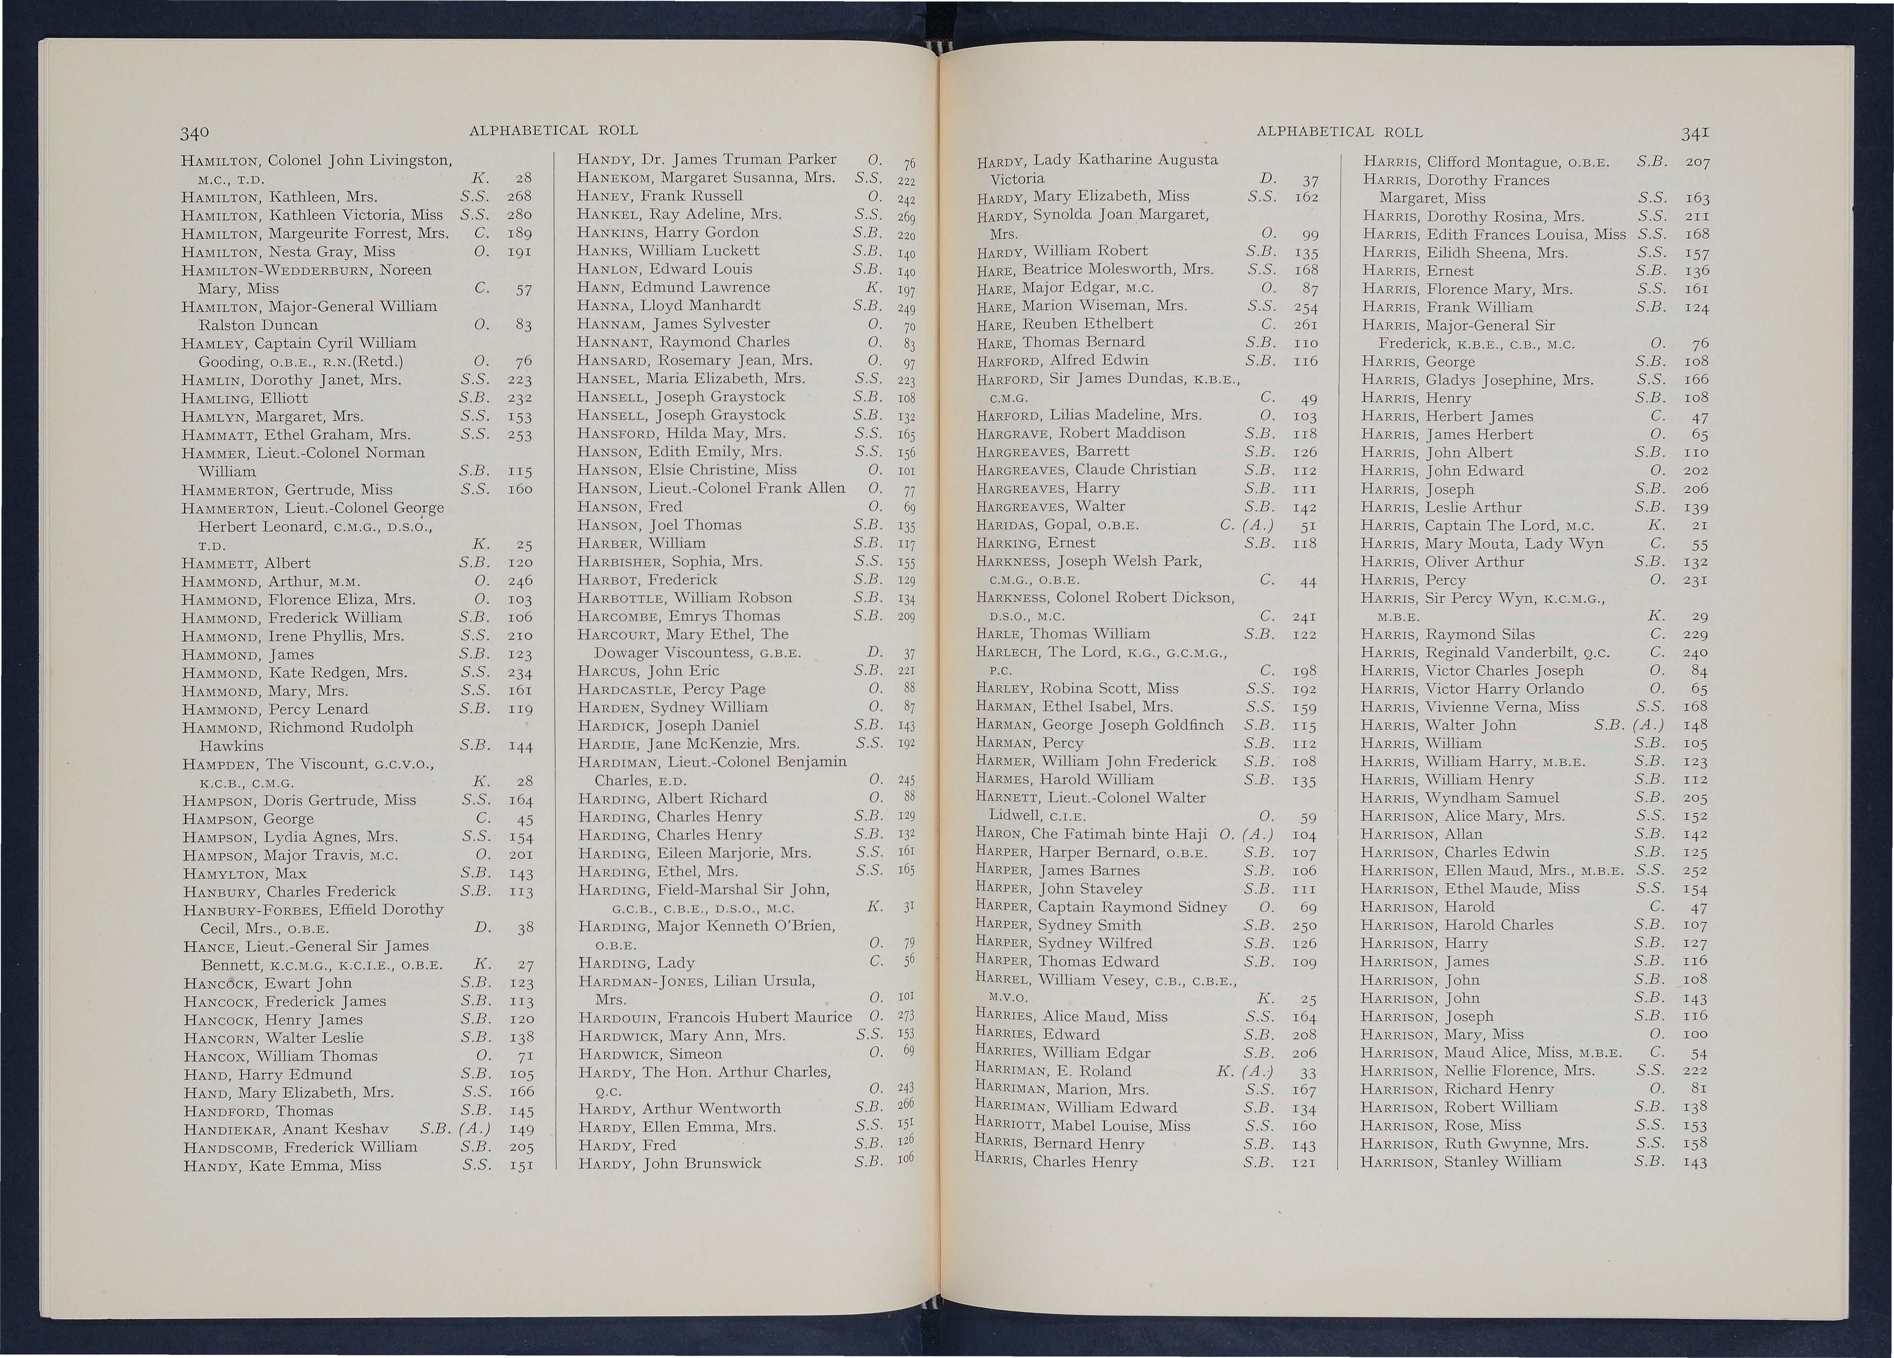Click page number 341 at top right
pyautogui.click(x=1696, y=132)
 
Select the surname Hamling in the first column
pyautogui.click(x=214, y=399)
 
